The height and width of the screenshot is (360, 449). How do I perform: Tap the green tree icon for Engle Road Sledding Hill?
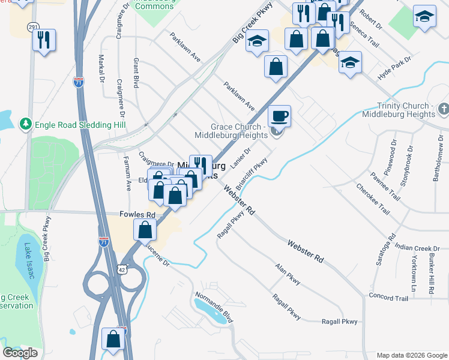coord(25,124)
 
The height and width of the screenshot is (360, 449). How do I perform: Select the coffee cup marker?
coord(279,116)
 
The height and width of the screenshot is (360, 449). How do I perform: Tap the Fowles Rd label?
coord(137,215)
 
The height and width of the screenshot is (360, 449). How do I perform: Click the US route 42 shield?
coord(123,269)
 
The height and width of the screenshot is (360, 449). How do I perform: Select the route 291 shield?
coord(33,27)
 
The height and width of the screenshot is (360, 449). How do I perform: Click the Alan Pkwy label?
coord(288,275)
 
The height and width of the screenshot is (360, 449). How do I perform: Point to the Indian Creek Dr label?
coord(418,248)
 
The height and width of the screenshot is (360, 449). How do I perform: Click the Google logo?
coord(20,353)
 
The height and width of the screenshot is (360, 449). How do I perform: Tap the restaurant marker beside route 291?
coord(44,40)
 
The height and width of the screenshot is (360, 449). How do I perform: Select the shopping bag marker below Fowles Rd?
coord(145,229)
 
